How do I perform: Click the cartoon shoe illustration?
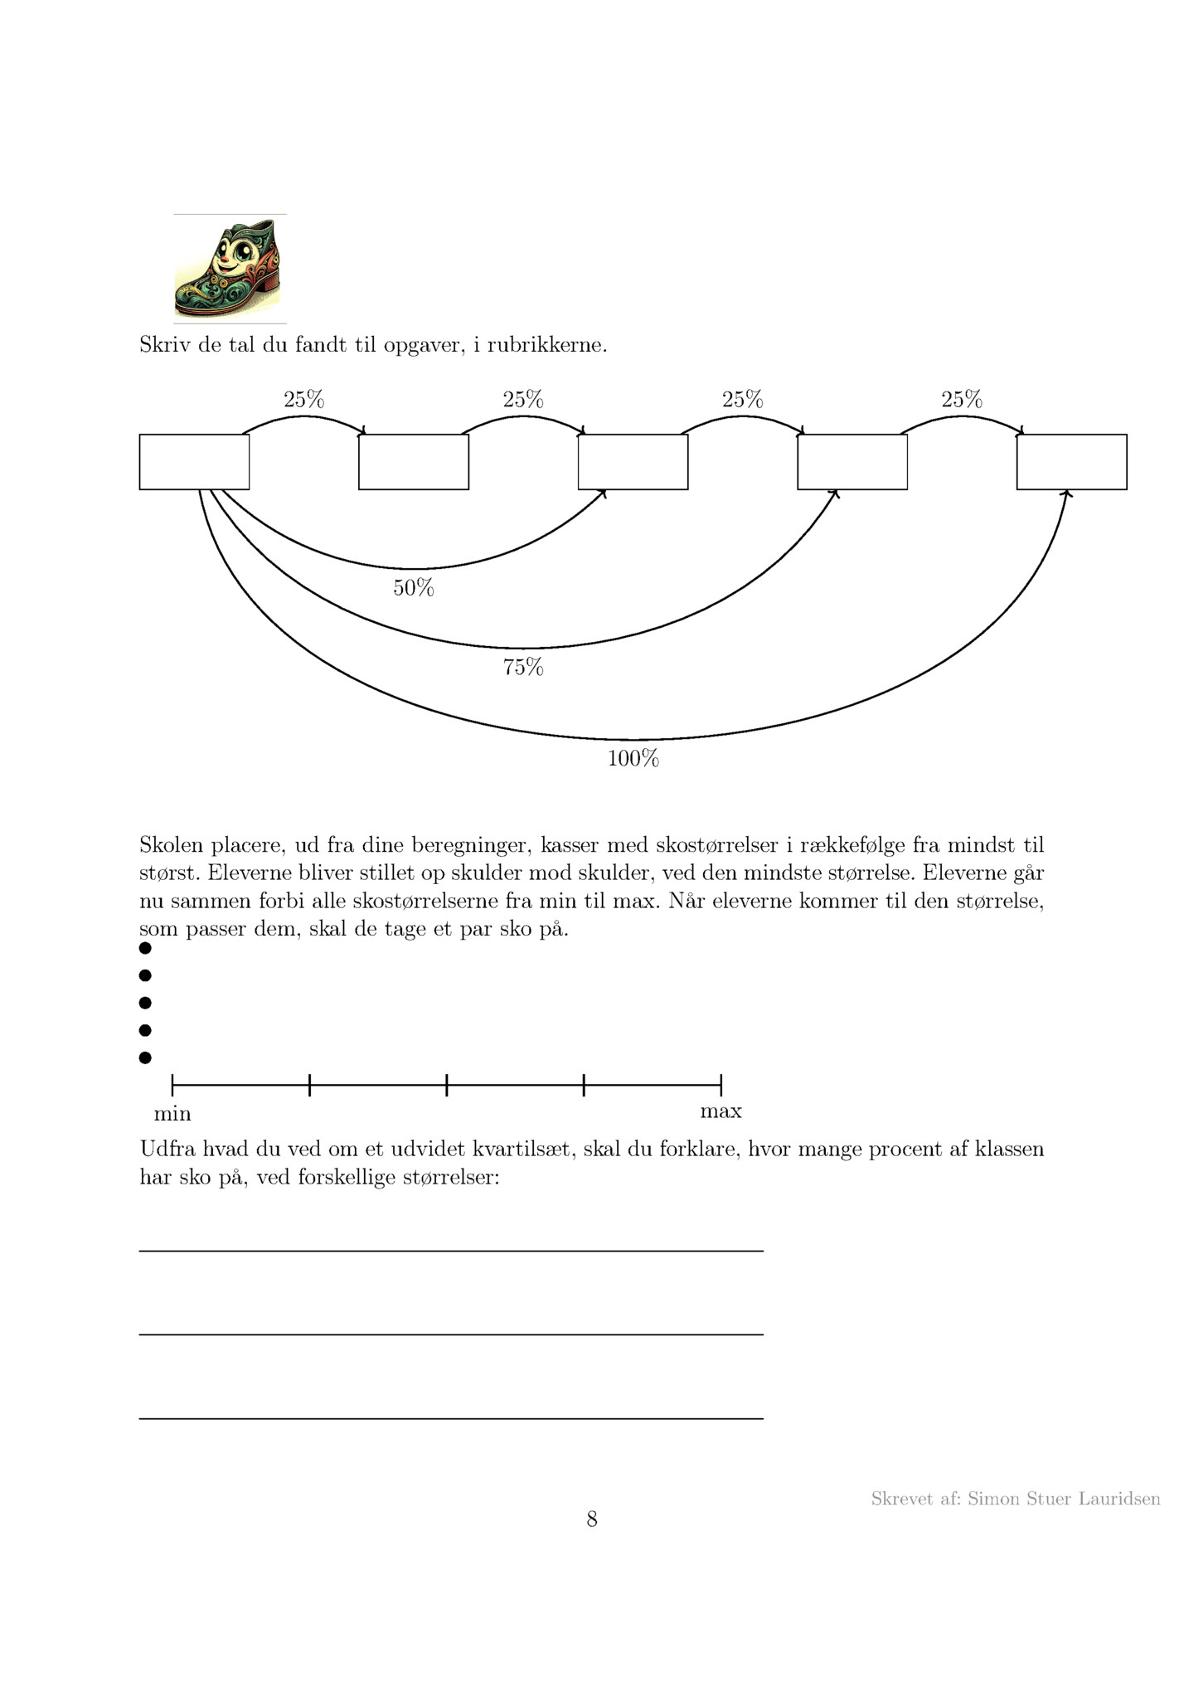(228, 269)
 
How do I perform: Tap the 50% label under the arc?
(413, 588)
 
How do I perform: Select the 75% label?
(523, 667)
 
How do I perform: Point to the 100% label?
(633, 758)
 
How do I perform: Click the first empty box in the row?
(194, 462)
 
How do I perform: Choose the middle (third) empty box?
(633, 462)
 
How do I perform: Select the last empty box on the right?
(1071, 462)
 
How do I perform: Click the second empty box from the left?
(414, 462)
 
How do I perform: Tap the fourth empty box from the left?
(852, 462)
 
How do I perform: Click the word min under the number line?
(172, 1113)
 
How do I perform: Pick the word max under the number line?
(721, 1111)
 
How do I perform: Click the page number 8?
(592, 1519)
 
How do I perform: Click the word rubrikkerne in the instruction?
(546, 345)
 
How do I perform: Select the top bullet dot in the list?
(145, 948)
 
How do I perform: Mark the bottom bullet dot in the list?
(145, 1057)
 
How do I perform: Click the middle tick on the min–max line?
(447, 1084)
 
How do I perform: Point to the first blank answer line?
(451, 1250)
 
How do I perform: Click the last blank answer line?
(451, 1418)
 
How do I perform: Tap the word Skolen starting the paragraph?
(171, 845)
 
